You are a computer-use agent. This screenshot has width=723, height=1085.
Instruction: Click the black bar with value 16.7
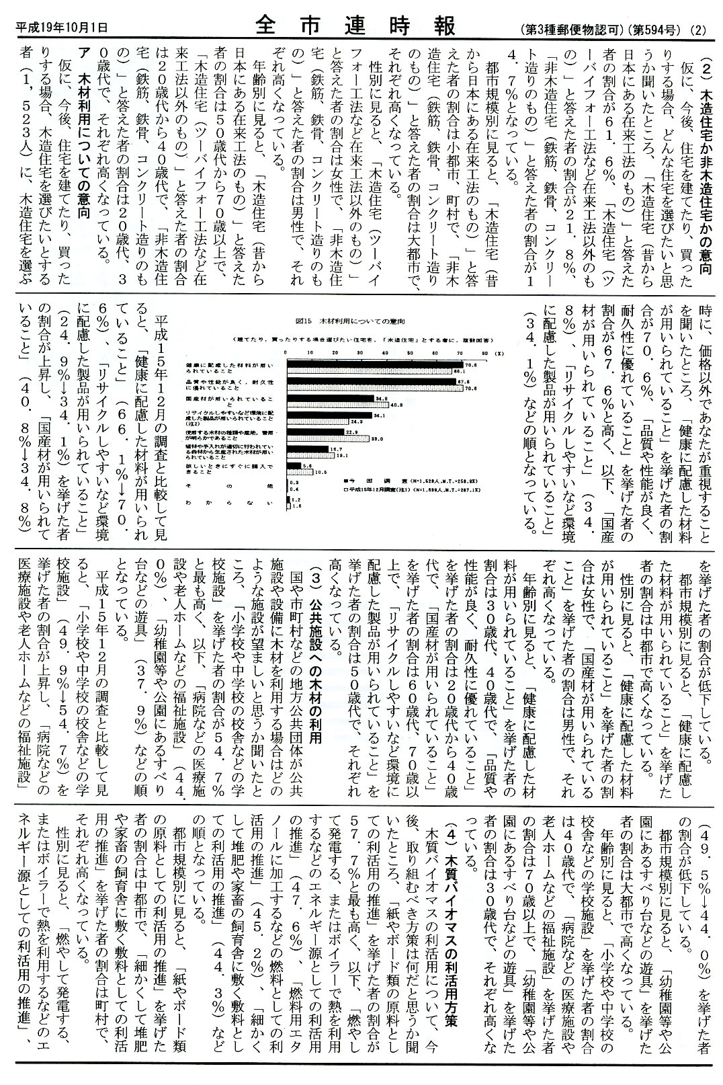click(307, 448)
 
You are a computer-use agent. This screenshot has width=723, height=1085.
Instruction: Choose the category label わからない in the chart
click(228, 501)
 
